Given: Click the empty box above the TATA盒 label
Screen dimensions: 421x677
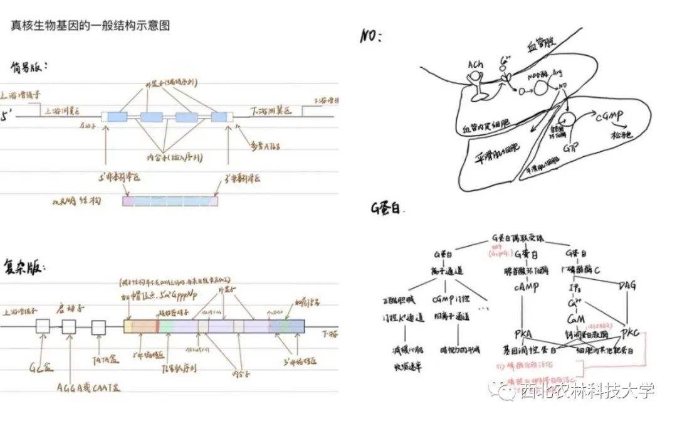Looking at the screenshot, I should (x=98, y=327).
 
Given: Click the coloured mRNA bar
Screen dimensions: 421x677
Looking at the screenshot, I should (x=171, y=201).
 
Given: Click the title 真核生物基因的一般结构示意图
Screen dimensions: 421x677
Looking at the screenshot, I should (x=91, y=26).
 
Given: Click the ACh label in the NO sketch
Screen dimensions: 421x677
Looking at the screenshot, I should (x=475, y=65).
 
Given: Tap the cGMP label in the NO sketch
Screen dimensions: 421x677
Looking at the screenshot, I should (x=607, y=117).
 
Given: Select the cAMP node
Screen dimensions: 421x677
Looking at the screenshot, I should (x=522, y=285).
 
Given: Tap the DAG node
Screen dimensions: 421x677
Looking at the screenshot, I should (x=626, y=286).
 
